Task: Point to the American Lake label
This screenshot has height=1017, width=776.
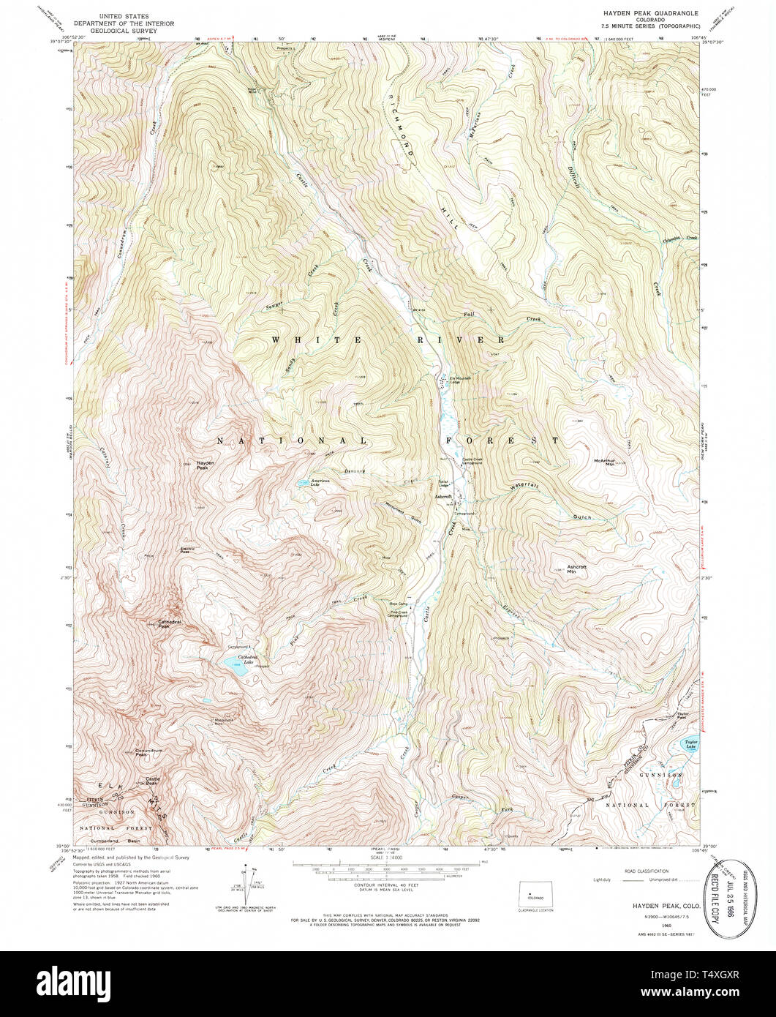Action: click(320, 482)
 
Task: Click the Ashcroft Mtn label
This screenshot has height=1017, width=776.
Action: click(577, 568)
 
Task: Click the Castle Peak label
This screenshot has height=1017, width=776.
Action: click(153, 780)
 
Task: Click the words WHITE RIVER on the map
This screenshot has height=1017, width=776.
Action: click(388, 340)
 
